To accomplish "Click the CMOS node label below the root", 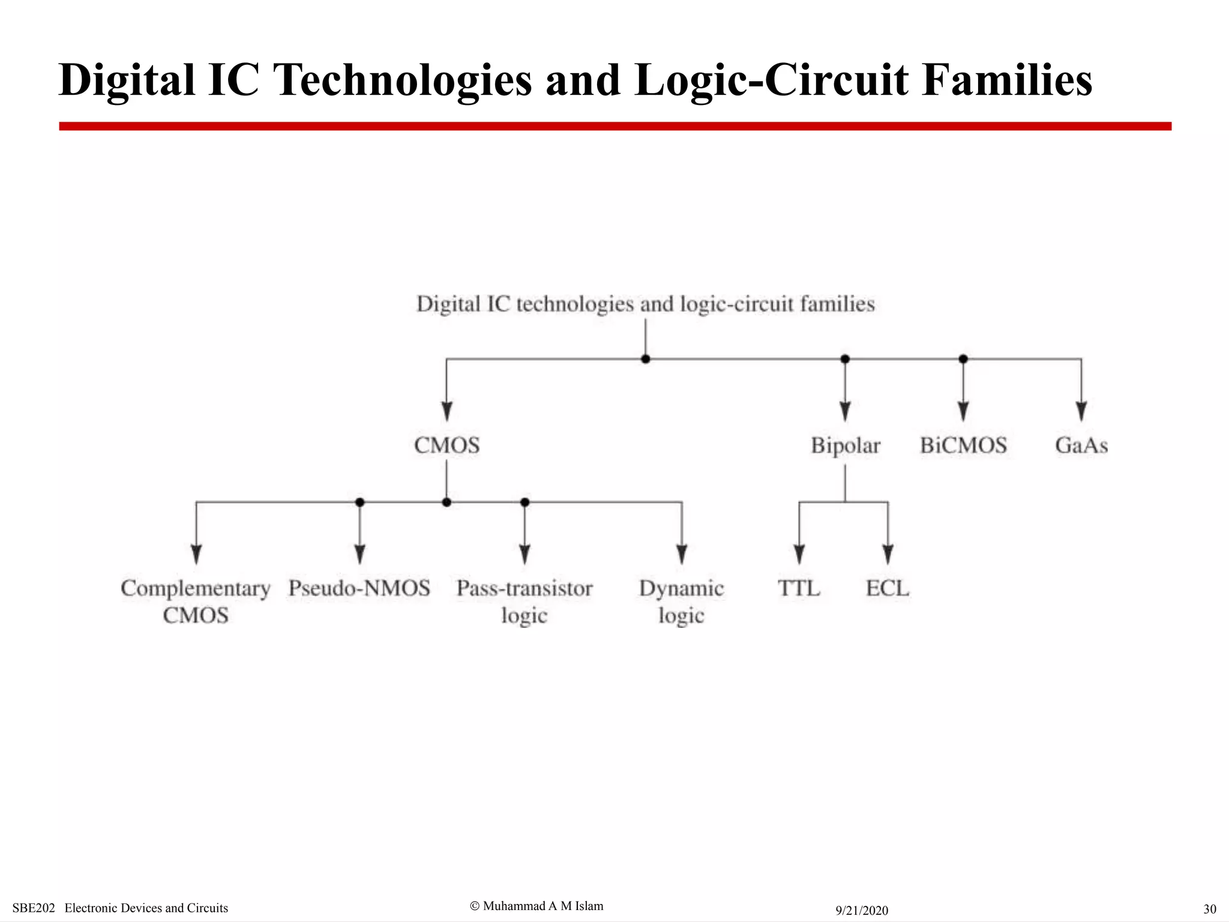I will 447,445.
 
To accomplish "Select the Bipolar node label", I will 845,446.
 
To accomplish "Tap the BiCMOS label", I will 963,445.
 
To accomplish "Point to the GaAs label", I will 1081,445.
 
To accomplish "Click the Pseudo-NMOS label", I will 359,588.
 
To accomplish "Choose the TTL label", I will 799,588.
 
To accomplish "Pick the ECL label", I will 888,588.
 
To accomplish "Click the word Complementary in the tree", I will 196,588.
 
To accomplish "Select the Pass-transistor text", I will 524,588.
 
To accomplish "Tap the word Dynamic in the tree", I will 681,588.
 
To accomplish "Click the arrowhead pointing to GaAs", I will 1081,411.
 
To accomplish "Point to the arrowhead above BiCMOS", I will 963,411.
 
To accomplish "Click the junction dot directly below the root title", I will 646,359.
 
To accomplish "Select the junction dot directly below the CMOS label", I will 446,502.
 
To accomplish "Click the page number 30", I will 1210,909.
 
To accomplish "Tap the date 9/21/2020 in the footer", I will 862,910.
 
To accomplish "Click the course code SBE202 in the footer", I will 34,908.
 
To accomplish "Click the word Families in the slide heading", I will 1007,80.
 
